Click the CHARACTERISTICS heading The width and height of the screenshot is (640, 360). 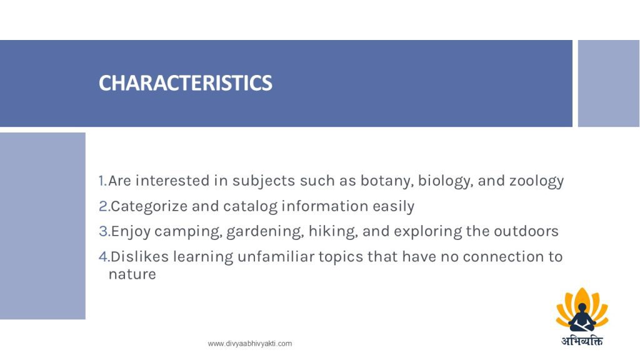coord(185,83)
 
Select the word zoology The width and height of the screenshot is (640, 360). coord(537,181)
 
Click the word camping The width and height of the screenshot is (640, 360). coord(189,232)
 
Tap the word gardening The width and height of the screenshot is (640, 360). coord(265,232)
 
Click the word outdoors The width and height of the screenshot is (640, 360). coord(526,231)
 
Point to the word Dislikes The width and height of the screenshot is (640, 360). coord(139,257)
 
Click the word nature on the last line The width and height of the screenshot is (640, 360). coord(132,274)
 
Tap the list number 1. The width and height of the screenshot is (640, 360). coord(103,181)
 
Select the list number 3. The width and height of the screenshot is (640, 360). coord(104,231)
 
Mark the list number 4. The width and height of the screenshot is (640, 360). coord(104,257)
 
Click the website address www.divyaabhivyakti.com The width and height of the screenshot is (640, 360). coord(250,344)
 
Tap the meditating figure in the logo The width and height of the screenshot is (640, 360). coord(582,317)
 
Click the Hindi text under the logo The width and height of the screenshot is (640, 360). coord(582,340)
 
